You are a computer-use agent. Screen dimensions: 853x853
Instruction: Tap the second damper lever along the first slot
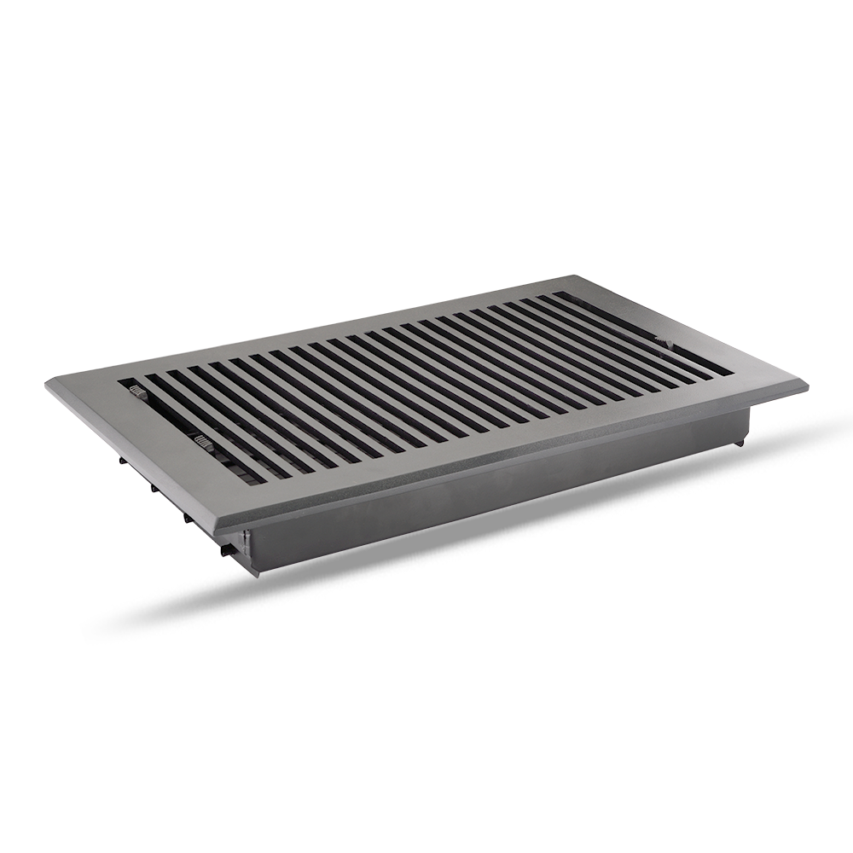204,442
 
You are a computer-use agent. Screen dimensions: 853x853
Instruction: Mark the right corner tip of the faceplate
806,386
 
